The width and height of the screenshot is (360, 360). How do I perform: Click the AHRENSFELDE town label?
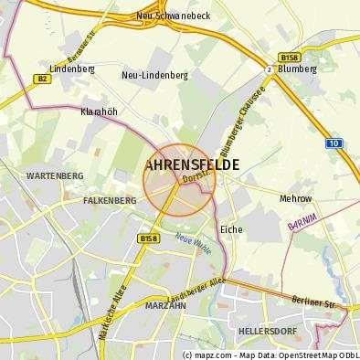point(193,164)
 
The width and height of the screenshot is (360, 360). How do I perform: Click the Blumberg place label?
point(297,68)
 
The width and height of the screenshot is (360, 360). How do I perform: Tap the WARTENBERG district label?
point(55,175)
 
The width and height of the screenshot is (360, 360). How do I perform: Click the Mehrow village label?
point(295,197)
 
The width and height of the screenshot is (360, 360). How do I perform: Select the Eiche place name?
point(231,229)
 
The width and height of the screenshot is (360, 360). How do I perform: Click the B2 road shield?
point(42,79)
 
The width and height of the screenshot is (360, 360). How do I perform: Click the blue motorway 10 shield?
point(334,143)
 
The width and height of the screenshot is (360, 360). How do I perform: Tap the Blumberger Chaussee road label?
point(240,130)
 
